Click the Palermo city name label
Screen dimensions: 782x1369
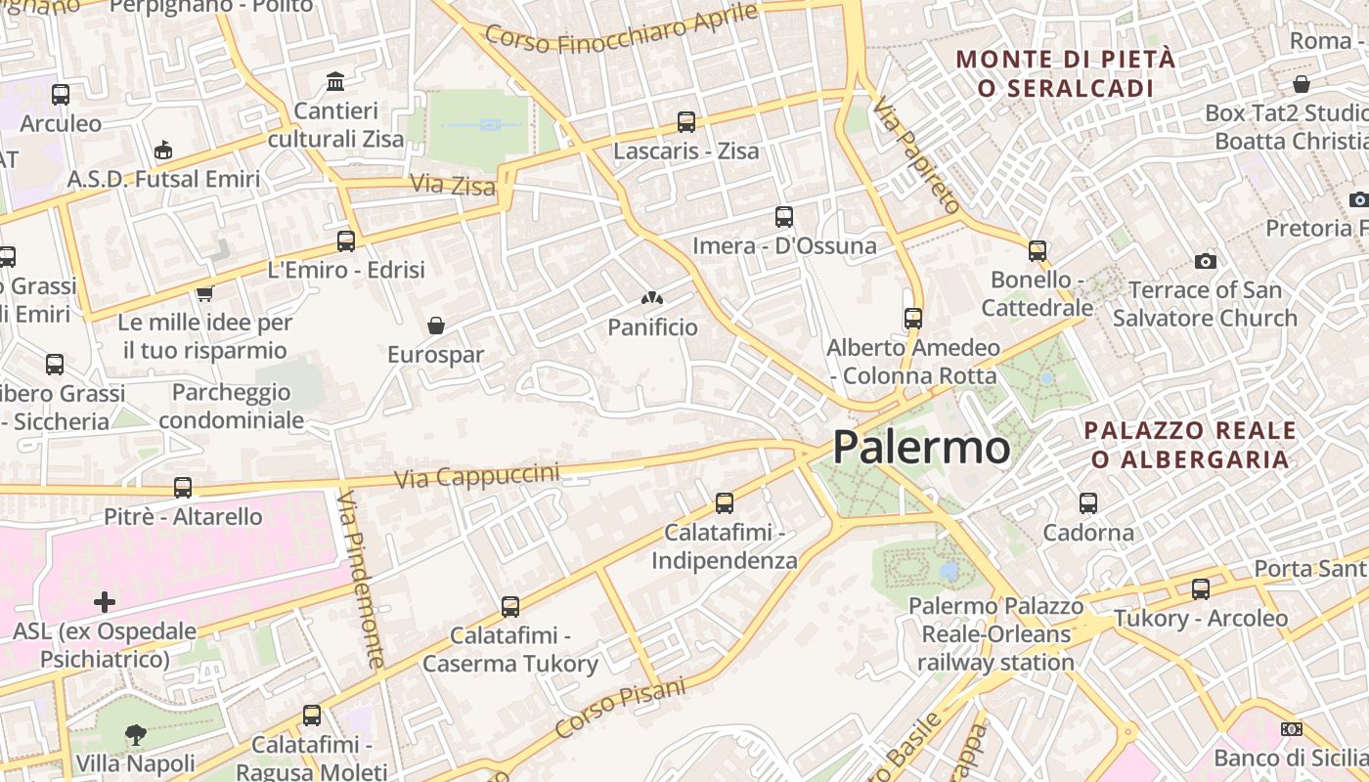(x=921, y=448)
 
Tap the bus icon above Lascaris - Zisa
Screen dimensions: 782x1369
(x=686, y=122)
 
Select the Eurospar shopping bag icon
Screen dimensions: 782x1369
(x=436, y=326)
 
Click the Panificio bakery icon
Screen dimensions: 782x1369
(x=652, y=298)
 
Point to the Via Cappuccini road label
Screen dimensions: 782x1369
(x=477, y=475)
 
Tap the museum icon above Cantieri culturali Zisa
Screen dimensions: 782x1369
(x=335, y=81)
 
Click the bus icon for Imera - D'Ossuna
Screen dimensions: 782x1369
(x=783, y=217)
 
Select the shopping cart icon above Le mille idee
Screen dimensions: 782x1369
(x=204, y=293)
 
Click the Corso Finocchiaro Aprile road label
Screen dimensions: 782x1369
(x=622, y=29)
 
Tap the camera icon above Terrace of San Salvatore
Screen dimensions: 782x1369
(x=1206, y=261)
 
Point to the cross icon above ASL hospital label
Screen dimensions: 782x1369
(x=105, y=602)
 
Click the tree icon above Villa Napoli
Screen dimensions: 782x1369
(x=136, y=734)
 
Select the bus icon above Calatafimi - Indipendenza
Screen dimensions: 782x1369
(x=725, y=503)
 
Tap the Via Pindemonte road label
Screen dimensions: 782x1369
(x=362, y=580)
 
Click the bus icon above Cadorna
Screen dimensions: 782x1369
(x=1088, y=503)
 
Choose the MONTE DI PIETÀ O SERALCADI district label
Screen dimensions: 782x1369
(x=1065, y=73)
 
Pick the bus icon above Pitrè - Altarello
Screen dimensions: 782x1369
(x=183, y=487)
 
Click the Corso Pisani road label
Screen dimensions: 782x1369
(x=621, y=708)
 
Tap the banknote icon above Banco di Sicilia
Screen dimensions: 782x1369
(x=1291, y=729)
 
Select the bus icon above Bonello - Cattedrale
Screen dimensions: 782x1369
(x=1038, y=251)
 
